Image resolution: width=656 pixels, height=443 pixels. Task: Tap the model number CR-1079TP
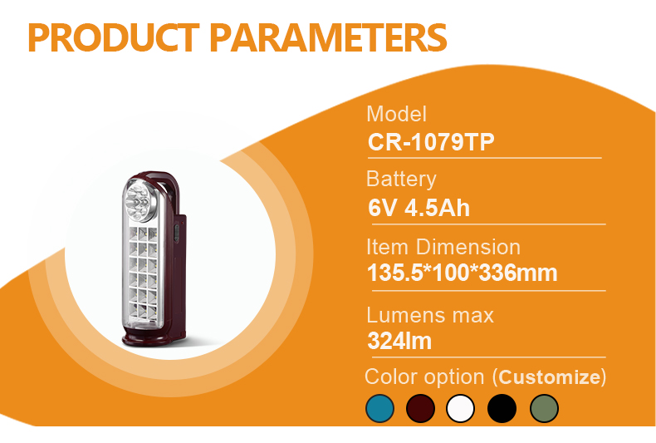431,142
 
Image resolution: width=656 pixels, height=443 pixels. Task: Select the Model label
397,114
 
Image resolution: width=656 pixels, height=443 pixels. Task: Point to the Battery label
401,180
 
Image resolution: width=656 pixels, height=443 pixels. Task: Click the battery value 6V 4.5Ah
419,208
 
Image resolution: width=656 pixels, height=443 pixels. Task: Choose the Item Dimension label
443,247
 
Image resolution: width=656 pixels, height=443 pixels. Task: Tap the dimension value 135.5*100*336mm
463,273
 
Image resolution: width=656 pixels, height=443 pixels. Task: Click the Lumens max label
430,315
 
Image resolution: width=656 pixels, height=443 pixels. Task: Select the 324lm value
399,341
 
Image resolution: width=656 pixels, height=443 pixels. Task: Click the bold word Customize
550,377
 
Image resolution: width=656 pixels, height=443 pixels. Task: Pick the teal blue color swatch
379,408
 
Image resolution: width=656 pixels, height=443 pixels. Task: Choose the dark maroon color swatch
420,408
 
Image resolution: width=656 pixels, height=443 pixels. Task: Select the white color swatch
461,408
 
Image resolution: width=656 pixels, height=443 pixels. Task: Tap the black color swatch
502,408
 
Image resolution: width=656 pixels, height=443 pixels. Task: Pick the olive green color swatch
544,408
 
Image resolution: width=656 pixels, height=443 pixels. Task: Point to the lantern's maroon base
154,337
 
